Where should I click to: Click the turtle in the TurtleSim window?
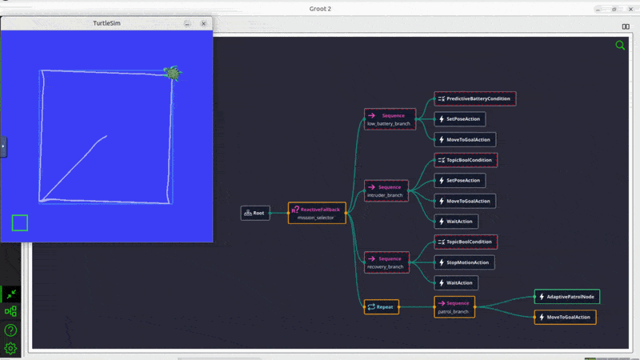172,74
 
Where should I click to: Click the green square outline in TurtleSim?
20,222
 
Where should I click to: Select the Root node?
254,213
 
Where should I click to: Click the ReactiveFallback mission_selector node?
317,213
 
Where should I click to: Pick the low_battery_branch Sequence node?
390,119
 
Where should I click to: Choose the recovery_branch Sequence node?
386,262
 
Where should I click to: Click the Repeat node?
381,306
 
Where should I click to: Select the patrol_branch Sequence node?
454,306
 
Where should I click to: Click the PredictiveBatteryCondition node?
475,98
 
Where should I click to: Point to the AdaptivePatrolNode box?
566,297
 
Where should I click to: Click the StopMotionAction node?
464,262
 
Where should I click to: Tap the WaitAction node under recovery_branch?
456,282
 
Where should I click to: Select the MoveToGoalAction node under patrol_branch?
565,317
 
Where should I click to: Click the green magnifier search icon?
620,46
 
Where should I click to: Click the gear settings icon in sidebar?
10,348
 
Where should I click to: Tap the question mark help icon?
10,330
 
